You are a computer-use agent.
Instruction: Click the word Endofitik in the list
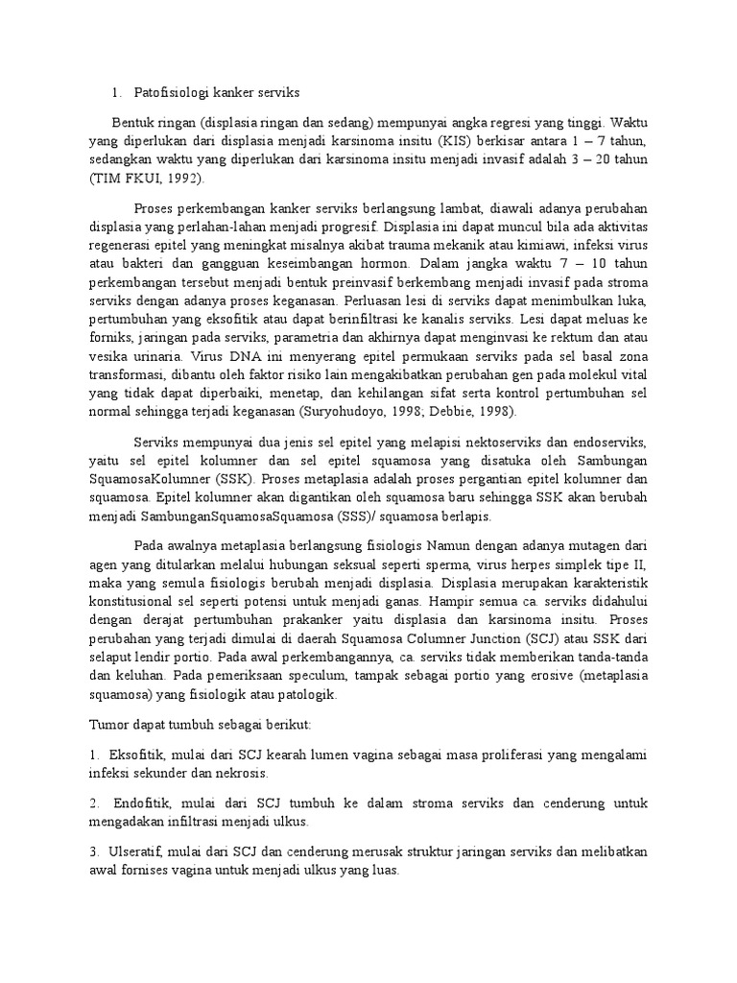click(x=145, y=803)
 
